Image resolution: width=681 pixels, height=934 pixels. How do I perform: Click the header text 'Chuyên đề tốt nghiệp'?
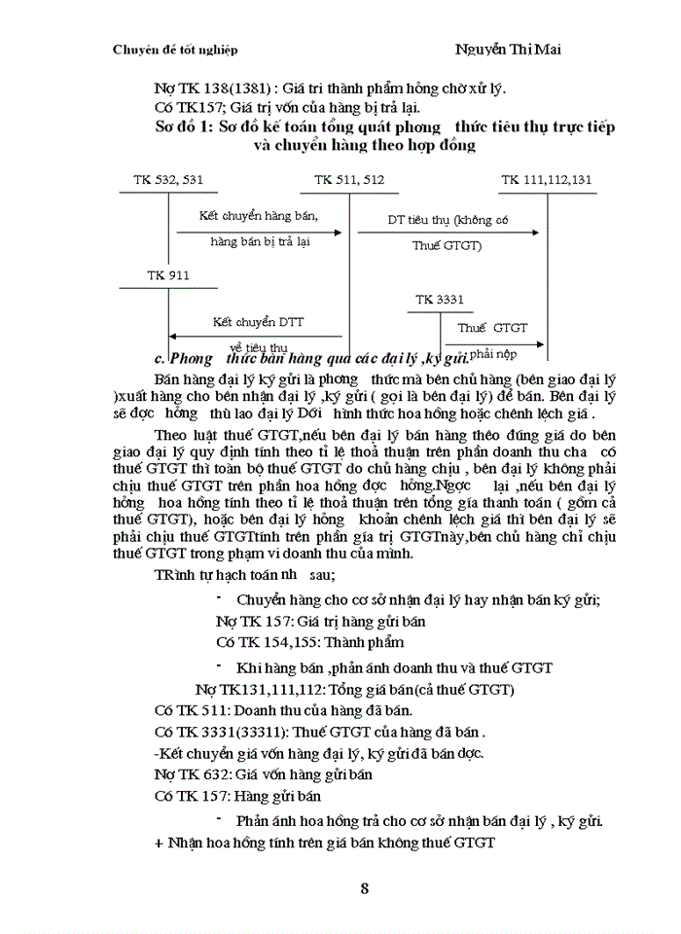click(x=175, y=50)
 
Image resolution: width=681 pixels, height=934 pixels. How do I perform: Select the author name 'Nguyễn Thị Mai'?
click(x=509, y=49)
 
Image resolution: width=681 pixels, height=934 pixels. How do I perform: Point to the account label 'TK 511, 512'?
click(x=348, y=179)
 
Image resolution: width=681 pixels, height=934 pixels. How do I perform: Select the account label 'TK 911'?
click(x=167, y=275)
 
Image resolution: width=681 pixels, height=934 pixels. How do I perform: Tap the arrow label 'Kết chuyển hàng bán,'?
click(x=258, y=214)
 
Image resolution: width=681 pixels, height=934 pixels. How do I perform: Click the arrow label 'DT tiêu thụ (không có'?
click(x=448, y=220)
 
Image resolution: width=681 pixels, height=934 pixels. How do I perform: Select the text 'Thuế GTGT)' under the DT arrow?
click(x=446, y=246)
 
